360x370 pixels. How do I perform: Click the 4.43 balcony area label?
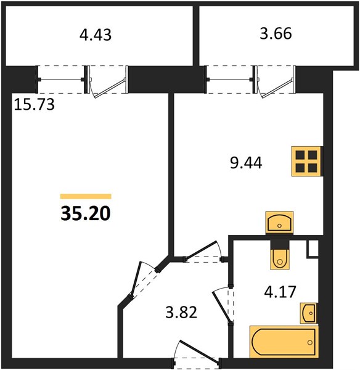96,35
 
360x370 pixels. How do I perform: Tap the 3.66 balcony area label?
276,33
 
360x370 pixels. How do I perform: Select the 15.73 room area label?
34,104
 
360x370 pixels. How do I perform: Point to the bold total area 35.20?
86,213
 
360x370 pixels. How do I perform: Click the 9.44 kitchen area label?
246,163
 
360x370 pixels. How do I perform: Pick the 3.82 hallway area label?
181,312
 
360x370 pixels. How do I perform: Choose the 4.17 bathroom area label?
280,292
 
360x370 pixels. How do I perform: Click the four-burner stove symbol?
306,161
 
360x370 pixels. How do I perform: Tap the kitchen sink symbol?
279,222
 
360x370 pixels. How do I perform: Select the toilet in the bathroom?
280,255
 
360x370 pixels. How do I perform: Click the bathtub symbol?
284,342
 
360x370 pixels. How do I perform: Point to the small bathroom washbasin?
309,313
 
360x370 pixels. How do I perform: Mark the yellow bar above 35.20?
86,196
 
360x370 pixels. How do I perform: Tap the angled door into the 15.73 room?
144,281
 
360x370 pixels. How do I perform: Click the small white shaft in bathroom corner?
313,249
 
